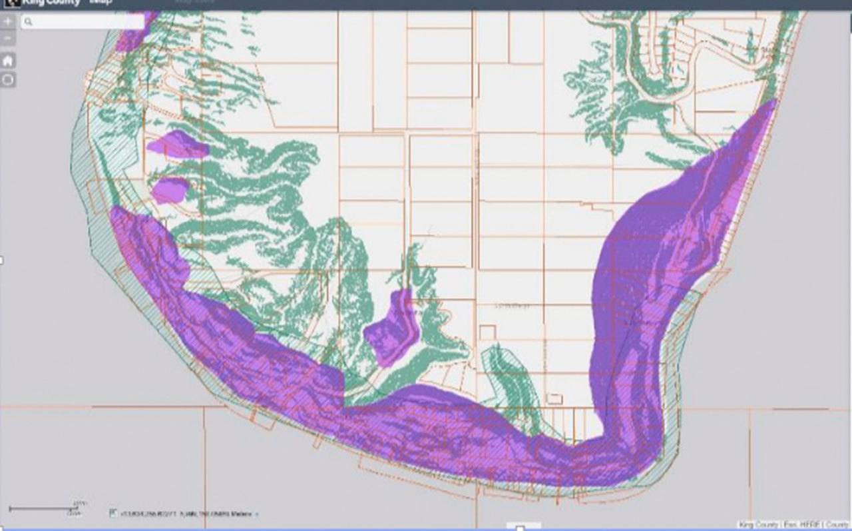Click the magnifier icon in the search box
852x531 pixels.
[x=28, y=22]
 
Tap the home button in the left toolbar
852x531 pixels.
[x=8, y=61]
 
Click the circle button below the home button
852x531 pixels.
[x=8, y=80]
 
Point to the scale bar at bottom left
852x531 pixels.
[x=43, y=509]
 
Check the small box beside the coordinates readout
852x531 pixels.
[x=112, y=514]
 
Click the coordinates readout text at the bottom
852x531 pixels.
[x=186, y=514]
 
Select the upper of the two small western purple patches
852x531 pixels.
[x=176, y=145]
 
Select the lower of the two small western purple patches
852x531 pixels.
[x=170, y=189]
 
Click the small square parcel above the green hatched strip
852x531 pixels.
[x=488, y=332]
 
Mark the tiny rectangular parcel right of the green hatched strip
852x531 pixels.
[x=554, y=398]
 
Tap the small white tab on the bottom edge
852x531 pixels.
[x=521, y=528]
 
